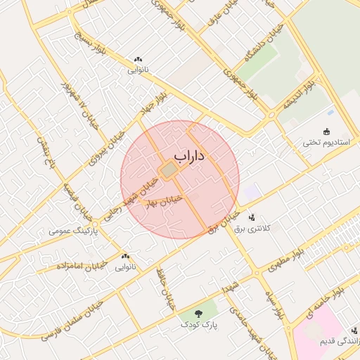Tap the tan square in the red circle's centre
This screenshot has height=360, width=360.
pyautogui.click(x=169, y=170)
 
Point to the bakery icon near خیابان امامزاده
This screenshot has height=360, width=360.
pyautogui.click(x=126, y=257)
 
